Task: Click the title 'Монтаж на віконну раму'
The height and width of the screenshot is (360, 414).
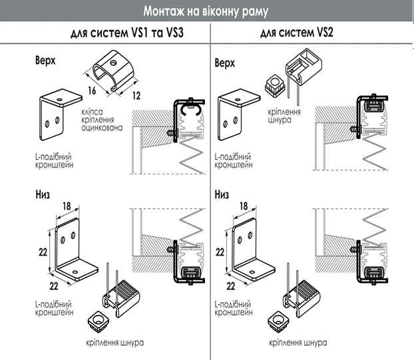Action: click(206, 11)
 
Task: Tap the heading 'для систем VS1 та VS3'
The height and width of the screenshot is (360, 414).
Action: click(127, 33)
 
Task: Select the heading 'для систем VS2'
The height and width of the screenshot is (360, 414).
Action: click(296, 33)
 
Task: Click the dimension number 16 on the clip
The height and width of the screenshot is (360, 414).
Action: click(92, 90)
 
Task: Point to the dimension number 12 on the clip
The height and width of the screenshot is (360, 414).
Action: click(136, 96)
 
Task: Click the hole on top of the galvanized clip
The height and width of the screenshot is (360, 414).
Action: click(114, 63)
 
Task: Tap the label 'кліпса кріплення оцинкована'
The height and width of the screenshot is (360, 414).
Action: click(102, 120)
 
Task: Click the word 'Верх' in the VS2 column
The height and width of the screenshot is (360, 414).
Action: click(224, 63)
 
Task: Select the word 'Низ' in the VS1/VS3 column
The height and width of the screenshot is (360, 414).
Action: click(43, 194)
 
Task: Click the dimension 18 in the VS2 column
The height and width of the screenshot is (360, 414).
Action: click(244, 206)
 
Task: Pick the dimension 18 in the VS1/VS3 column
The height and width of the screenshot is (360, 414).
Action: click(67, 206)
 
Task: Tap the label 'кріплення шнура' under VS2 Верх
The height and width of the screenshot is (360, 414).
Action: click(284, 116)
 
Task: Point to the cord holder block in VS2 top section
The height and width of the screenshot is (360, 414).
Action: click(304, 67)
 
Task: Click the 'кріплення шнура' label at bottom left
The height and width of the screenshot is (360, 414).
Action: click(115, 343)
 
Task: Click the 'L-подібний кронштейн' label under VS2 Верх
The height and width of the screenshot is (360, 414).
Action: click(234, 161)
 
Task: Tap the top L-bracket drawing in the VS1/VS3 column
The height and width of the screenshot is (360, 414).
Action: click(61, 114)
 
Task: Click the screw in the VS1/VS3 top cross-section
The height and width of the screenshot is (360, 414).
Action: click(172, 132)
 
